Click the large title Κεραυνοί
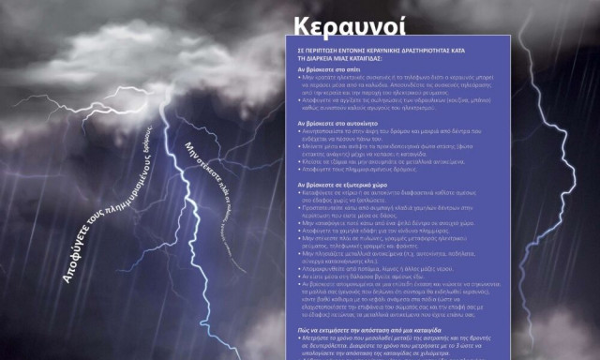[338, 25]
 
